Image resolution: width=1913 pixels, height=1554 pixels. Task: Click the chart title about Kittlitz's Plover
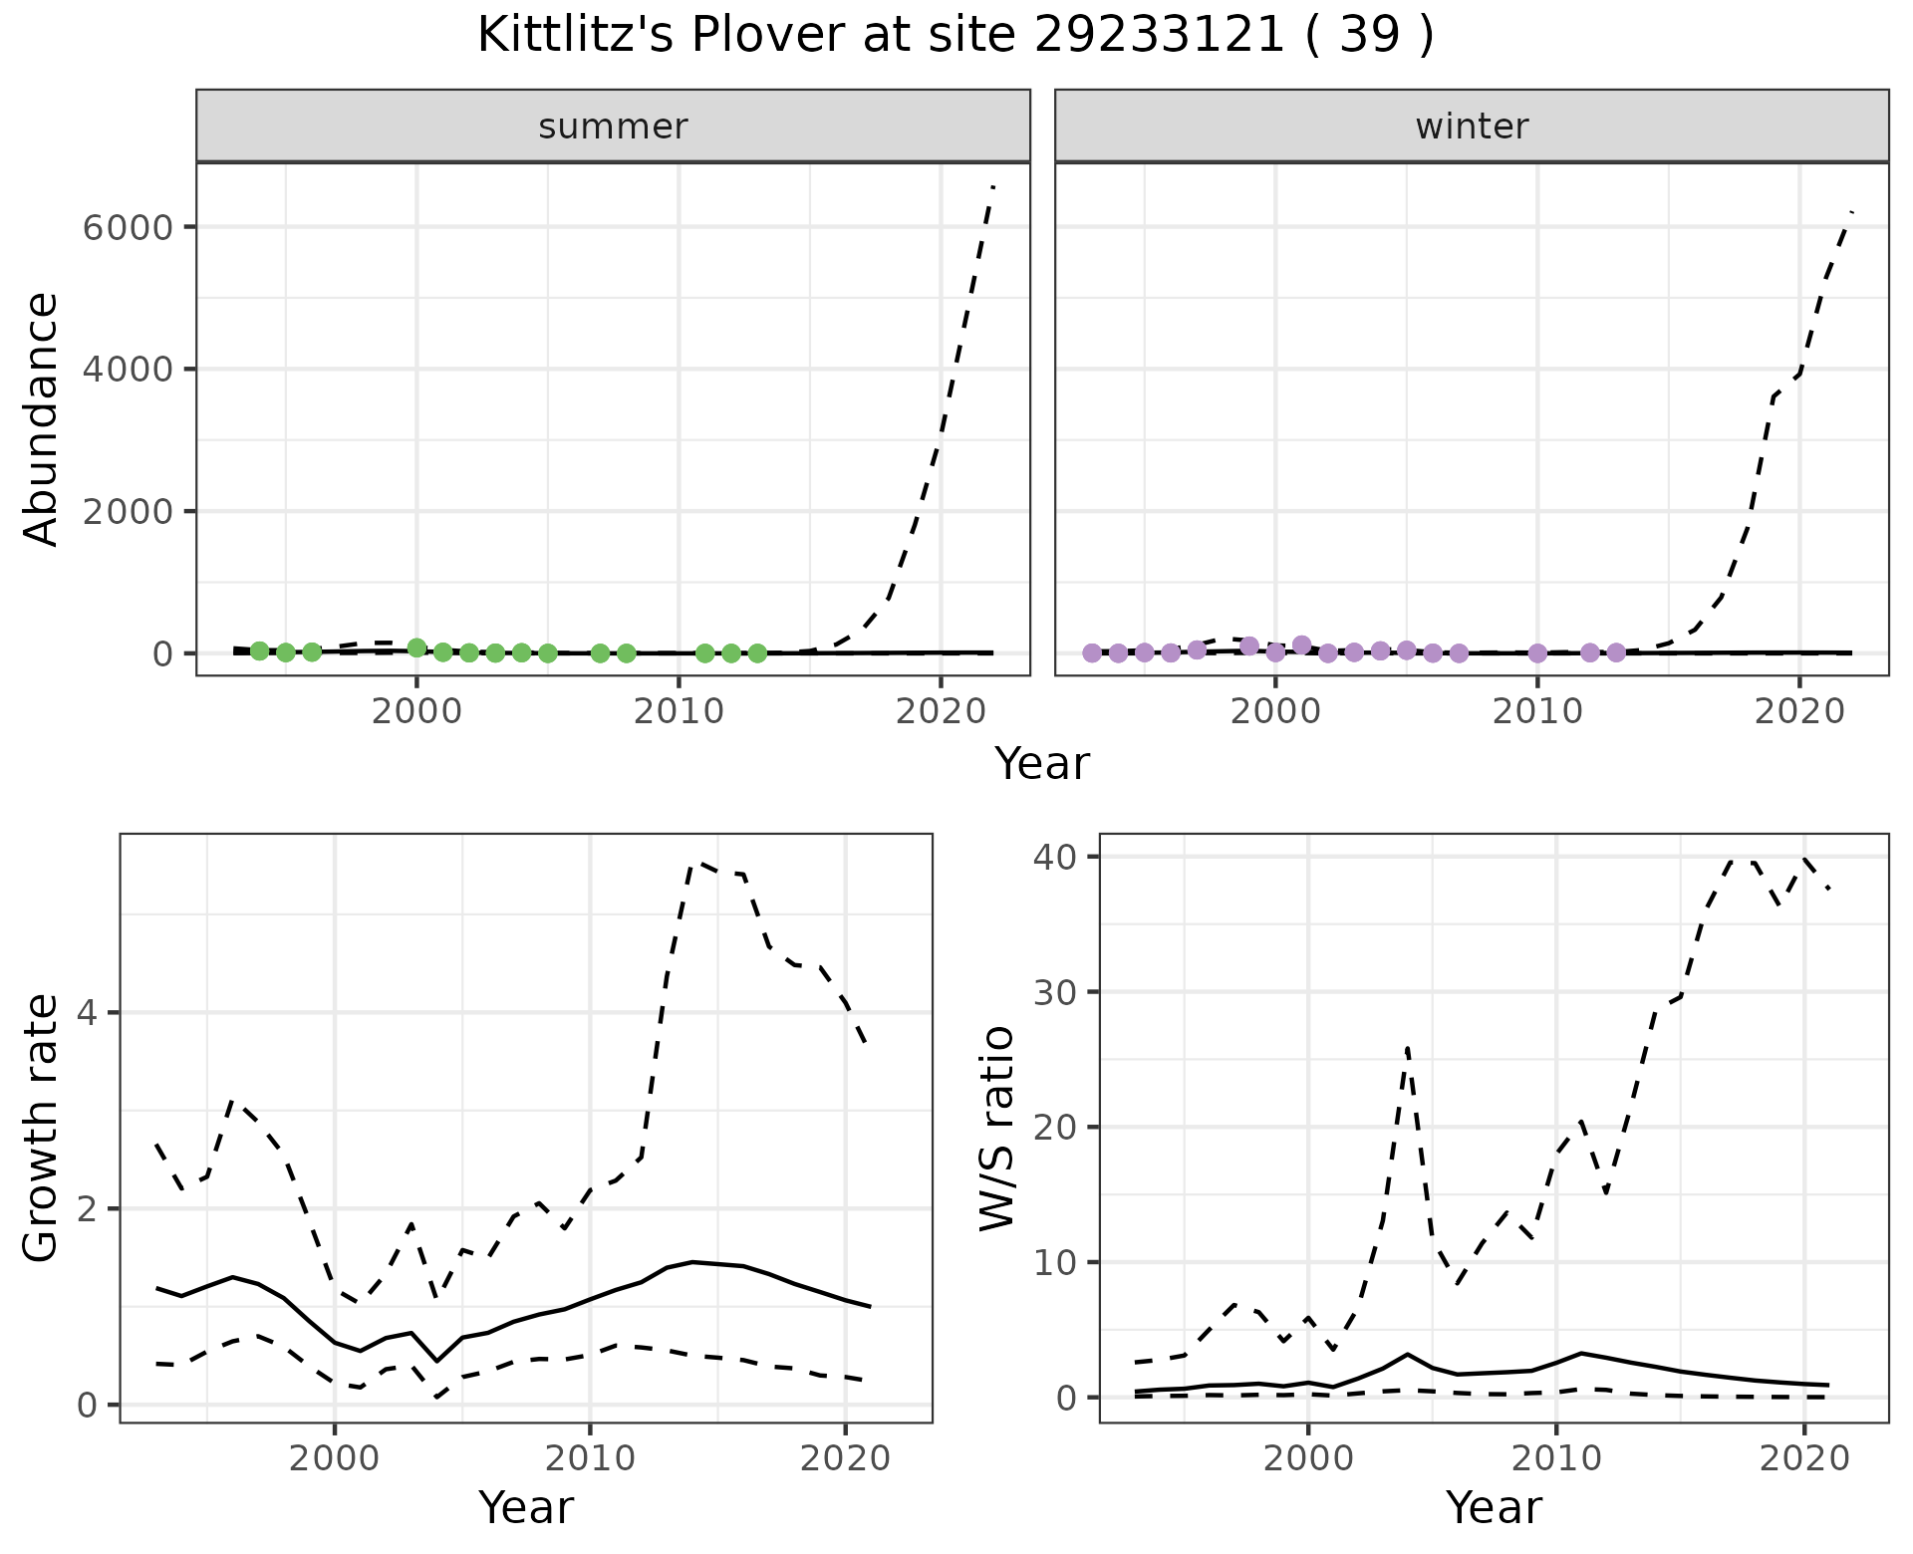click(956, 37)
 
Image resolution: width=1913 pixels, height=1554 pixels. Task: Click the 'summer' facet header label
click(613, 127)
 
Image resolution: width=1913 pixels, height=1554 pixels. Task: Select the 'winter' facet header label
click(1472, 127)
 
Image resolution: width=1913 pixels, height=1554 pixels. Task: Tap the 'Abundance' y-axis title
click(42, 418)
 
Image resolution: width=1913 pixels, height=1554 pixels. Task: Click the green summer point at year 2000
click(416, 647)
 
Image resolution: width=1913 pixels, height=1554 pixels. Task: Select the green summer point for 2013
click(757, 653)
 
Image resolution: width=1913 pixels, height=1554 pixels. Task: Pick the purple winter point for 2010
click(1537, 653)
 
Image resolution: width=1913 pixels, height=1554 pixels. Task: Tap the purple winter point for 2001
click(1301, 645)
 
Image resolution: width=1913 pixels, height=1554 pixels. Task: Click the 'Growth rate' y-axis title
click(42, 1128)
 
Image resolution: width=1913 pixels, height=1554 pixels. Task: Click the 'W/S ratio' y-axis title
click(996, 1128)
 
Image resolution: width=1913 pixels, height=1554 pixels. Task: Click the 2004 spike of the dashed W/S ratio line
click(1407, 1047)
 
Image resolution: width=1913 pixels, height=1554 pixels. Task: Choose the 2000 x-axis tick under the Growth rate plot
click(335, 1459)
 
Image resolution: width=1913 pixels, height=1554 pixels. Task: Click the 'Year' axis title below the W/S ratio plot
click(1494, 1507)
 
